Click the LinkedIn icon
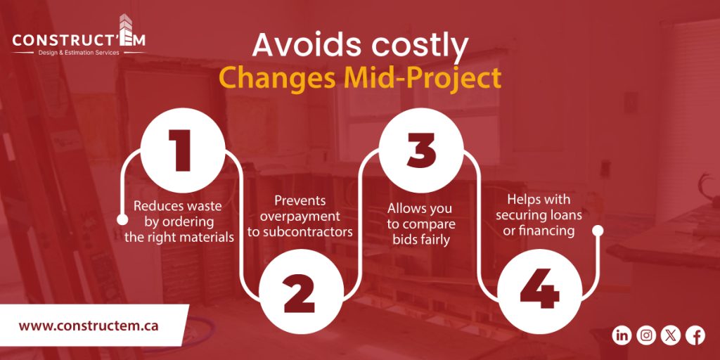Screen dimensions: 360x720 click(622, 335)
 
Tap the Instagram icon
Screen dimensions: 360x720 click(646, 335)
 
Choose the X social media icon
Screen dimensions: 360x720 click(671, 335)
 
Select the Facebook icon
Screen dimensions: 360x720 click(695, 335)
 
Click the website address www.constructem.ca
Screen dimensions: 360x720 click(89, 326)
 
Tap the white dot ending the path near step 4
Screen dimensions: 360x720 click(598, 230)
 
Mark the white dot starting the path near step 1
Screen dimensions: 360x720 click(122, 220)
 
